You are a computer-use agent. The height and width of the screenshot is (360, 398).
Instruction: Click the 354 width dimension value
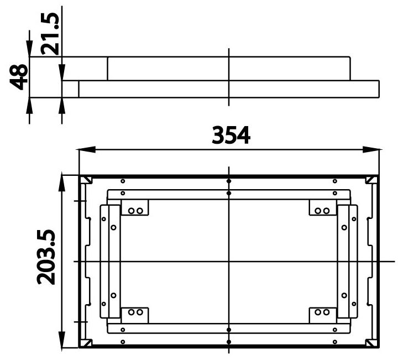pyautogui.click(x=231, y=135)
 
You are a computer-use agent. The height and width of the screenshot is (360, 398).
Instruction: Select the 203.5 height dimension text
pyautogui.click(x=46, y=257)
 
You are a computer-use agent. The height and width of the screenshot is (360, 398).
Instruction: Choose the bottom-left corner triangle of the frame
pyautogui.click(x=86, y=343)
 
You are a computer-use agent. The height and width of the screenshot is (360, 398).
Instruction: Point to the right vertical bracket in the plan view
pyautogui.click(x=347, y=261)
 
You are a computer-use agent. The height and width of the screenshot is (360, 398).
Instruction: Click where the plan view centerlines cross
pyautogui.click(x=228, y=260)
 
